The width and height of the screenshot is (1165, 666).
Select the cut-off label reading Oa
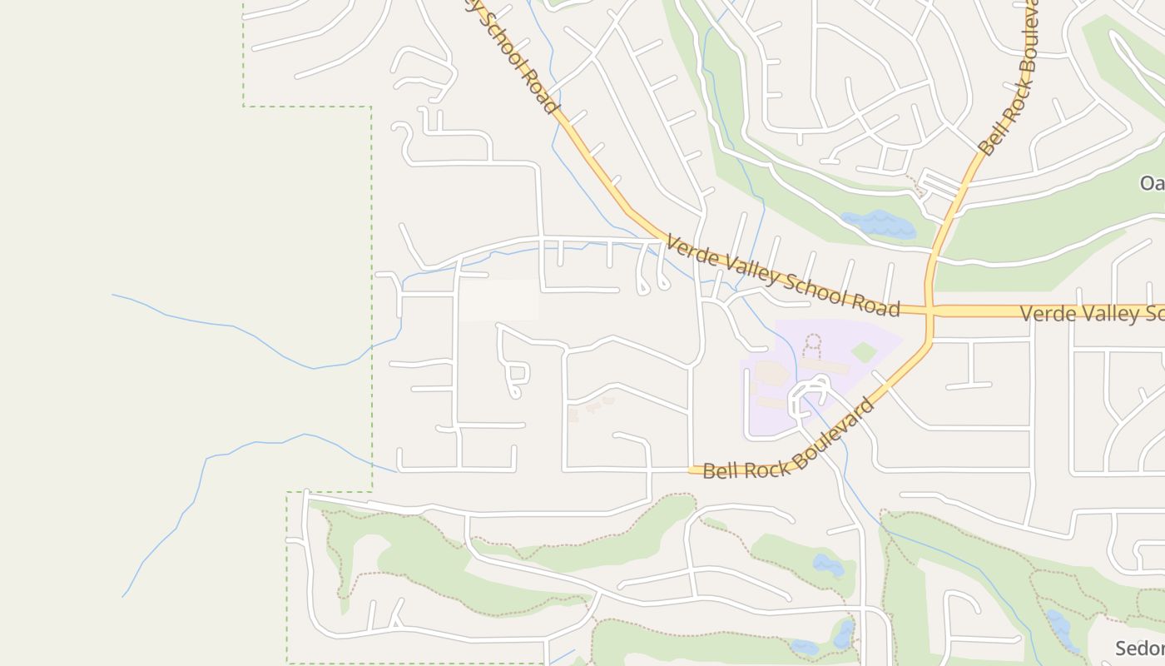pyautogui.click(x=1152, y=183)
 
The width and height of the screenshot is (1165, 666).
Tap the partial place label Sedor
pyautogui.click(x=1139, y=648)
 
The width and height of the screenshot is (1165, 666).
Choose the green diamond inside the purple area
pyautogui.click(x=865, y=352)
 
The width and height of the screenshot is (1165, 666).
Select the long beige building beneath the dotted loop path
pyautogui.click(x=824, y=367)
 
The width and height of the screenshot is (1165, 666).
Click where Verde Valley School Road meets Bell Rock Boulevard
pyautogui.click(x=930, y=311)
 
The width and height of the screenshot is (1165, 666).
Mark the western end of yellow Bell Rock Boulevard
pyautogui.click(x=692, y=470)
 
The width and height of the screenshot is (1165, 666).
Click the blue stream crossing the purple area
pyautogui.click(x=796, y=366)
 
